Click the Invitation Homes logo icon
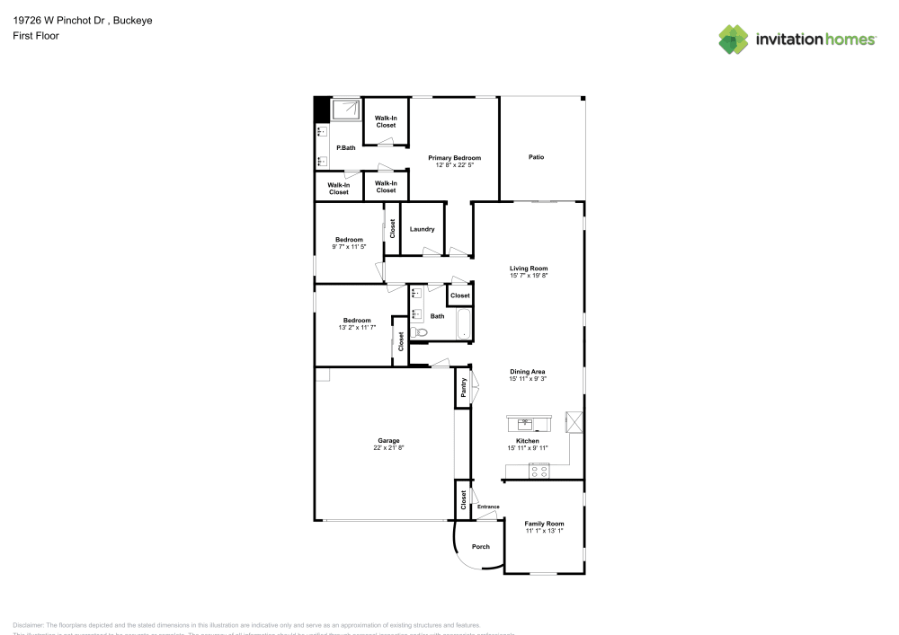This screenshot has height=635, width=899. [734, 40]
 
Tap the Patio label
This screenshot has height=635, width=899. [536, 157]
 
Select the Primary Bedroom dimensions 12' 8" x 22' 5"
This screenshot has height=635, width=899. [454, 165]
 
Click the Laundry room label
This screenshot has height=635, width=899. [422, 229]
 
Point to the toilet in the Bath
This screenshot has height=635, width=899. [419, 332]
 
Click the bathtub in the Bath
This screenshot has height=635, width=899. [464, 325]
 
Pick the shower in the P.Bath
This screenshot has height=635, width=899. [345, 110]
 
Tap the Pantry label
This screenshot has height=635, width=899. [463, 387]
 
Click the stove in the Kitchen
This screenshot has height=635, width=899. [539, 469]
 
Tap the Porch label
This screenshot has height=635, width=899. [481, 547]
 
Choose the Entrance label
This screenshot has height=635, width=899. [488, 507]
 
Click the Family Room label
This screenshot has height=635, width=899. [544, 524]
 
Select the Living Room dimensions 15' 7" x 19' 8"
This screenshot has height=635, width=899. [529, 276]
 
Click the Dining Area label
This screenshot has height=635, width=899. [528, 372]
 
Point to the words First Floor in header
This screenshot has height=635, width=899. [36, 36]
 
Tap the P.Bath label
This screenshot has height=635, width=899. [345, 148]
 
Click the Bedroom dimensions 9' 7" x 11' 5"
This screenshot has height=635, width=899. [349, 247]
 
